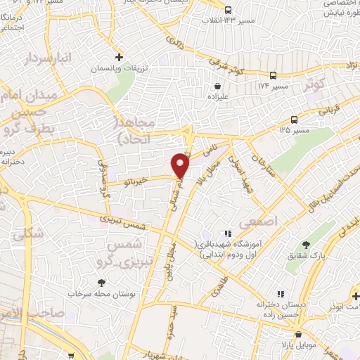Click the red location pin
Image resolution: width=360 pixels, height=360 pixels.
tap(181, 165)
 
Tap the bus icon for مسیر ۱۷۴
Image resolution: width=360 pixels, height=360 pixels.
tap(273, 75)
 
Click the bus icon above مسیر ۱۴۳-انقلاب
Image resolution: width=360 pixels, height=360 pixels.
tap(228, 10)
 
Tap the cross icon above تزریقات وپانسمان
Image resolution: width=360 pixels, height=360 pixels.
tap(120, 56)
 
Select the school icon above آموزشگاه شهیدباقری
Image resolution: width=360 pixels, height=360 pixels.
tap(226, 233)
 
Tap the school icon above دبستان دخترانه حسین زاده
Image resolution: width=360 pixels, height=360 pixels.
tap(281, 293)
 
